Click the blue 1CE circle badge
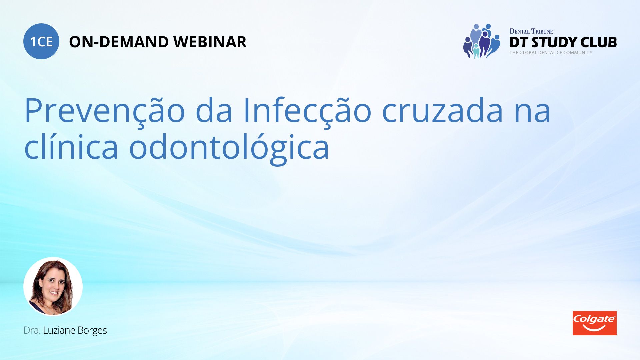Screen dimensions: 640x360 point(41,41)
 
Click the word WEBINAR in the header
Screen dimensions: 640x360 point(210,42)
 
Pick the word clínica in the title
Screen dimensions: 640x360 point(71,147)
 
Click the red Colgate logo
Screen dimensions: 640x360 point(594,323)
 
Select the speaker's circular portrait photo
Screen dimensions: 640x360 point(53,286)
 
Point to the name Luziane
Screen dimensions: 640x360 point(59,330)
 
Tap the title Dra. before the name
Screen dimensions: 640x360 point(32,330)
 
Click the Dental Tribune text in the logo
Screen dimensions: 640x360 point(531,31)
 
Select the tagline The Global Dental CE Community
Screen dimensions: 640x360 point(551,53)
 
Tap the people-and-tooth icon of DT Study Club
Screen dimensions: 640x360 point(482,41)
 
